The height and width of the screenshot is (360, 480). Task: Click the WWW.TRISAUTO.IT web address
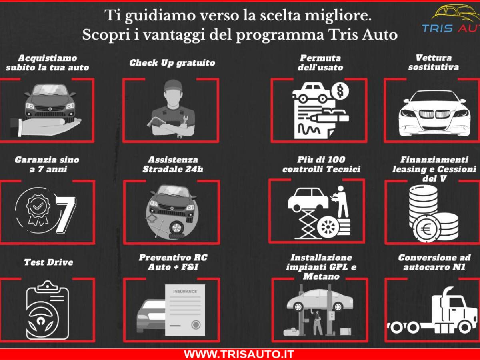tap(239, 354)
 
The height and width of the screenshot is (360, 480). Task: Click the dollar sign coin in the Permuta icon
tap(340, 92)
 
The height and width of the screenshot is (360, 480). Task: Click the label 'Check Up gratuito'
tap(172, 63)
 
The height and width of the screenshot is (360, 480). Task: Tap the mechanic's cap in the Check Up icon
tap(172, 85)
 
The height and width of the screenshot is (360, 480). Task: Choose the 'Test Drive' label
tap(48, 262)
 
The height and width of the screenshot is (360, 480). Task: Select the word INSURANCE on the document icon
tap(185, 292)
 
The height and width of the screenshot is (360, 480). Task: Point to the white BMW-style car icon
tap(434, 112)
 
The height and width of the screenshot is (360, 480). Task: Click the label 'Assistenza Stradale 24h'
tap(172, 164)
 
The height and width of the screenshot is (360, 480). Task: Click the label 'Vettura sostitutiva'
tap(433, 62)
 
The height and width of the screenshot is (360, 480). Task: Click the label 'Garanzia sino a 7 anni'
tap(47, 164)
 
